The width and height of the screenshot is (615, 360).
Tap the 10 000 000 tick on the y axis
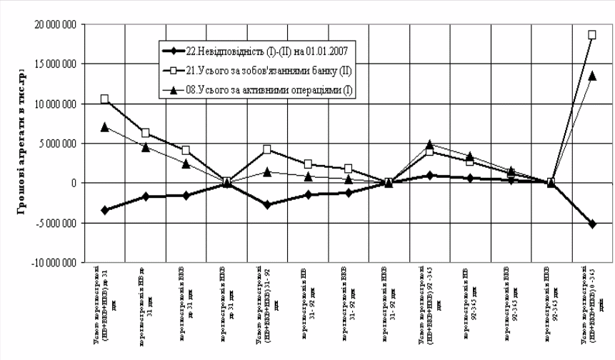[x=54, y=103]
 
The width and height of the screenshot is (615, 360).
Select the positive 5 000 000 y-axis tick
[x=57, y=143]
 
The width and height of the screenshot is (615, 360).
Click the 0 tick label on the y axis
[x=71, y=184]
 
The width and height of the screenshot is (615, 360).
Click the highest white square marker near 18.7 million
[x=591, y=34]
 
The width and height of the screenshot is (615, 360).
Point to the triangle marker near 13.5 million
[x=591, y=75]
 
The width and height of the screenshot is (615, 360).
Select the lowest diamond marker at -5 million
[x=591, y=224]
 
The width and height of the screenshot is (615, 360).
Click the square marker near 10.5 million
[x=105, y=99]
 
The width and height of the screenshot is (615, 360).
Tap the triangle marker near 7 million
[x=105, y=127]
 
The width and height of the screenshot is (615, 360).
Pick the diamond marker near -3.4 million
[x=105, y=210]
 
